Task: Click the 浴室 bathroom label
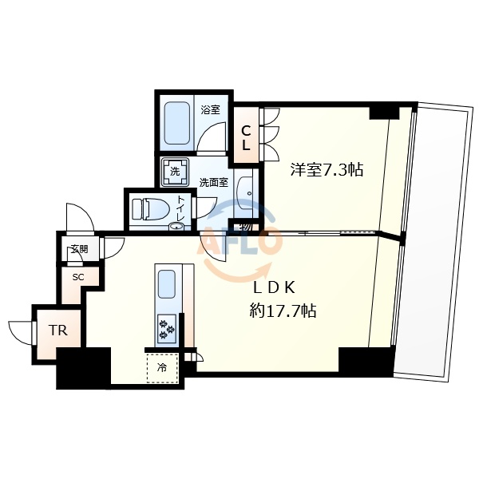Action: click(210, 110)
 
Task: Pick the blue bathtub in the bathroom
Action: click(176, 124)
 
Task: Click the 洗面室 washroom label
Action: click(213, 182)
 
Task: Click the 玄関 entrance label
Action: click(78, 249)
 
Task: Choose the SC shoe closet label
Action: click(78, 277)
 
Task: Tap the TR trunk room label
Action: click(57, 330)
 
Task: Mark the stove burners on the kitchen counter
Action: click(168, 326)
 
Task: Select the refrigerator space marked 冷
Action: click(162, 368)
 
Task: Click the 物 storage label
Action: click(244, 228)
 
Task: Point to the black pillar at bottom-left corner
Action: click(82, 368)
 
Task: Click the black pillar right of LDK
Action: click(366, 361)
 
